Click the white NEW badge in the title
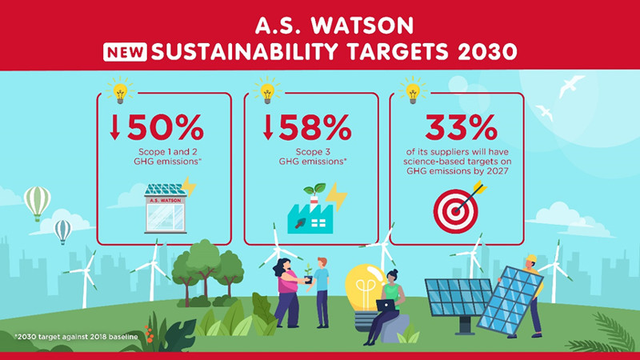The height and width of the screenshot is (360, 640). (x=125, y=54)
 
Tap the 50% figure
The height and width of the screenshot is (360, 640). (x=165, y=128)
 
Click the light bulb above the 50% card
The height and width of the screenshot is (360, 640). (x=119, y=90)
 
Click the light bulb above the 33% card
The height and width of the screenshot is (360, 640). (x=413, y=90)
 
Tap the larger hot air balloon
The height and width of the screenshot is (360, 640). (x=37, y=202)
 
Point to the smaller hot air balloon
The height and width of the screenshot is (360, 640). (x=62, y=230)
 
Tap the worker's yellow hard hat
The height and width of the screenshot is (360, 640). (x=530, y=258)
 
